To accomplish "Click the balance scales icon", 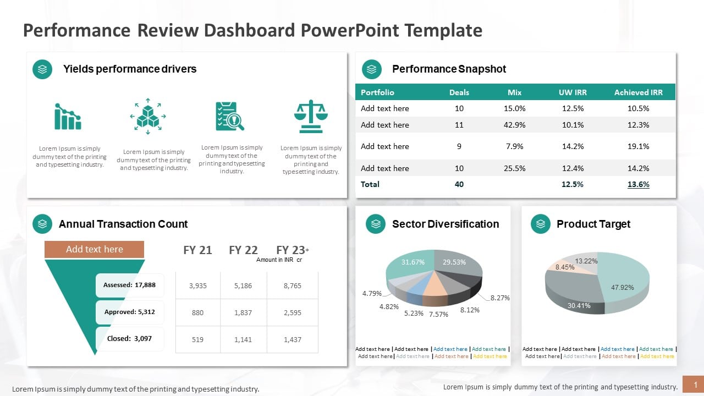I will click(311, 116).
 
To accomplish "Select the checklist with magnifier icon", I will click(230, 116).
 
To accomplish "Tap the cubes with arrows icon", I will click(148, 116).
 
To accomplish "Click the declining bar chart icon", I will click(68, 116).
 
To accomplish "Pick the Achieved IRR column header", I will click(638, 92).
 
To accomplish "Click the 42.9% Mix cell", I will click(514, 125).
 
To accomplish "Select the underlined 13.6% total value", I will click(638, 184).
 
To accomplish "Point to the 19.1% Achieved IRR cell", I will click(638, 146).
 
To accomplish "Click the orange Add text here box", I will click(94, 249).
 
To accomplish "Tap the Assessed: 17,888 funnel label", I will click(130, 285).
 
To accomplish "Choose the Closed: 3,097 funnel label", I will click(130, 338).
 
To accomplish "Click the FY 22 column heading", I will click(243, 250).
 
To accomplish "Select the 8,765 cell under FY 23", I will click(292, 285).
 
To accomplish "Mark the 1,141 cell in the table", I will click(243, 339).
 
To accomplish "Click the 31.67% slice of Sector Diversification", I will click(411, 264).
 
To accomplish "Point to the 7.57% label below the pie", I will click(438, 314).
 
